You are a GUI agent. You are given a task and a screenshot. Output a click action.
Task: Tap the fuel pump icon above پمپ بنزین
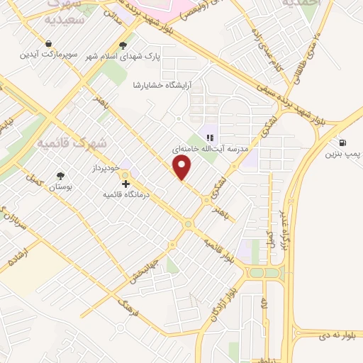343,142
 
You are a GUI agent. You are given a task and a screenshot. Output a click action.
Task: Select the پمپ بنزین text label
343,154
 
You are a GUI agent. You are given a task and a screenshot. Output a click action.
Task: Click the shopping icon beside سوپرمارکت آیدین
48,44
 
